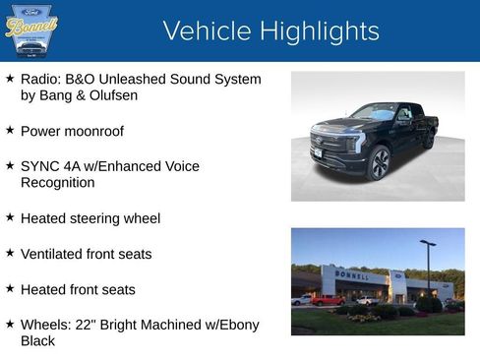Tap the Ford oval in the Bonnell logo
point(31,10)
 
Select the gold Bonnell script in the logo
point(31,27)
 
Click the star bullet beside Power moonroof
point(10,130)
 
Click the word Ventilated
point(54,254)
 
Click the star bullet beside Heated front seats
point(10,289)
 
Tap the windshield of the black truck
point(373,112)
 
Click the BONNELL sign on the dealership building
point(353,275)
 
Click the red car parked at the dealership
point(328,300)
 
